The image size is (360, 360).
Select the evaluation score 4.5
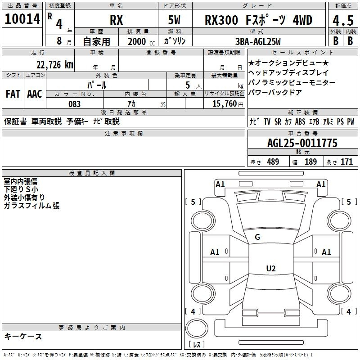click(342, 20)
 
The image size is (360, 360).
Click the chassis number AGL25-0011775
click(302, 143)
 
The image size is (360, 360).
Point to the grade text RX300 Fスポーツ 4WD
click(258, 20)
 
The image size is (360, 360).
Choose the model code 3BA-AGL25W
click(258, 41)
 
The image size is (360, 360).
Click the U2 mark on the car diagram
click(270, 269)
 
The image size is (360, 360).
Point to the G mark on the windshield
click(257, 237)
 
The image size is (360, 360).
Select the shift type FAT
click(13, 94)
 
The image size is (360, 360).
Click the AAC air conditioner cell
click(35, 94)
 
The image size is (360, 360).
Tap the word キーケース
click(23, 337)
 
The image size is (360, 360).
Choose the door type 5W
click(175, 20)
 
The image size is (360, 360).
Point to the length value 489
click(273, 162)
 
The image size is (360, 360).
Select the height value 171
click(346, 162)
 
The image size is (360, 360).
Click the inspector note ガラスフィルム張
click(31, 206)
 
